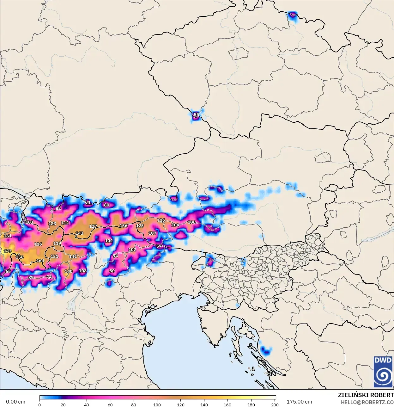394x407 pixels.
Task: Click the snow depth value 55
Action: pos(196,115)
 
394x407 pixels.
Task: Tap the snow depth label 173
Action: pos(7,251)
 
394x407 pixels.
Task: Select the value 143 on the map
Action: pos(79,233)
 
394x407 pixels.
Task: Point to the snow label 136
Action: pos(124,226)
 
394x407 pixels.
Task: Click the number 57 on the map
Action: pos(159,246)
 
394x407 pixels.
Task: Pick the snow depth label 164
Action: pos(40,261)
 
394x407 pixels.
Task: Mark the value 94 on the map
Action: pos(115,256)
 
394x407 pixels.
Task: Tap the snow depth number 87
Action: pos(31,278)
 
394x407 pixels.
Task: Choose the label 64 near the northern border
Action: pos(88,202)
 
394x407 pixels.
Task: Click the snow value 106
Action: pos(191,222)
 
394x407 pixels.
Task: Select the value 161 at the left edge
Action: pos(7,236)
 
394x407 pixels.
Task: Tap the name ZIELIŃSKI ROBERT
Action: pos(366,395)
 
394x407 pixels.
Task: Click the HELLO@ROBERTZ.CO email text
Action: pos(367,402)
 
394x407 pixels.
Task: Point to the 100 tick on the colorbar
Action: pos(157,404)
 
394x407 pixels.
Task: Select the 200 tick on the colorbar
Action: pos(275,404)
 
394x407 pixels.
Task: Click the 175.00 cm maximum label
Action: pos(299,402)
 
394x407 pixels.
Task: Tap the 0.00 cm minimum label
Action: pos(15,402)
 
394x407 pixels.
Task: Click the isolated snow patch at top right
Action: pos(293,15)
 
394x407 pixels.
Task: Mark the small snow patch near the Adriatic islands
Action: pos(266,350)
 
